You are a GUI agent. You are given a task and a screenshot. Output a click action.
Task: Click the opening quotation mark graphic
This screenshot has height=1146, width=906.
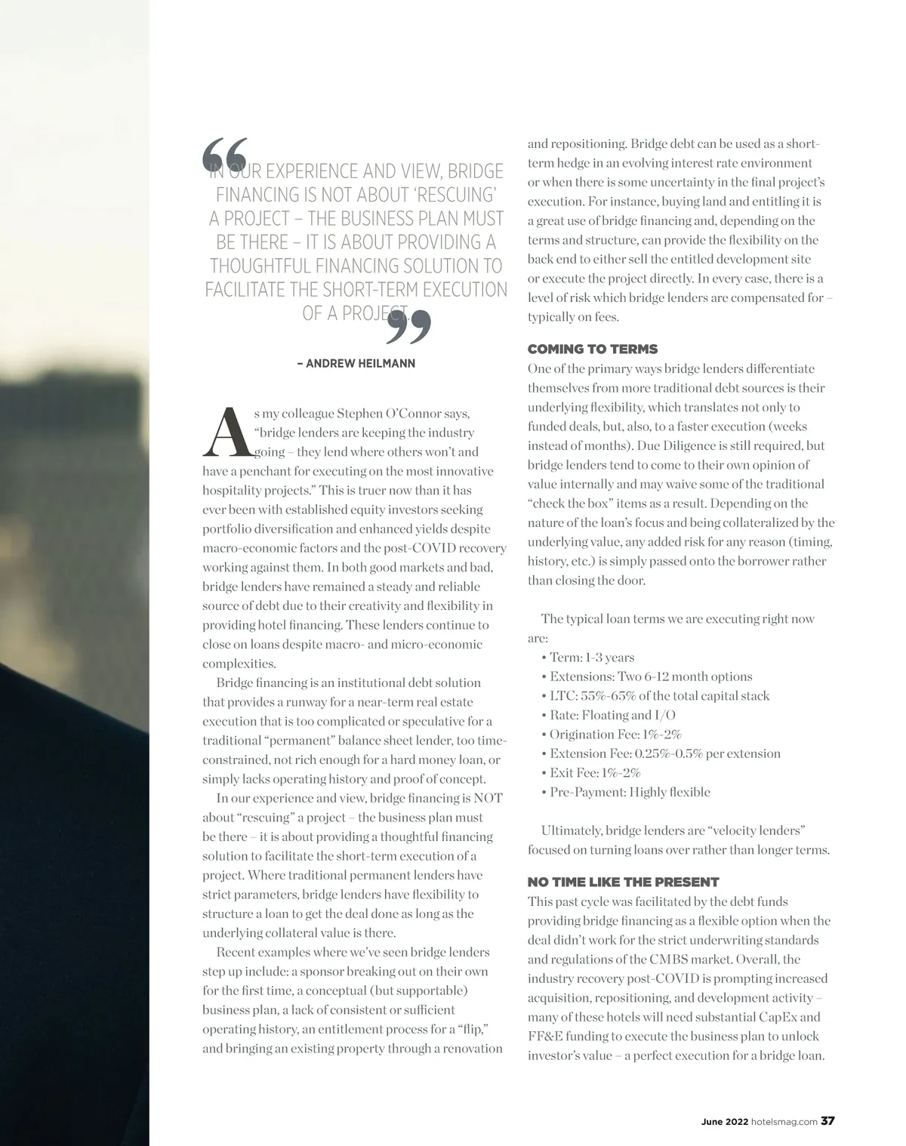click(224, 156)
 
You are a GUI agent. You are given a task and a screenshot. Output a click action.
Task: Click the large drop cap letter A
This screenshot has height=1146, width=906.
click(225, 433)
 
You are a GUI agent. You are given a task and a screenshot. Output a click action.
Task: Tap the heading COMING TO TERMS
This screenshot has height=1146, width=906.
click(593, 349)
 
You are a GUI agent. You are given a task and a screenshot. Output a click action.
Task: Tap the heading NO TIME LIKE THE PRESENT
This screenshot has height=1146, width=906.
click(623, 882)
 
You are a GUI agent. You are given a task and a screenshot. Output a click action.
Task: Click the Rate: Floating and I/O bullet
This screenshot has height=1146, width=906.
click(612, 715)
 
